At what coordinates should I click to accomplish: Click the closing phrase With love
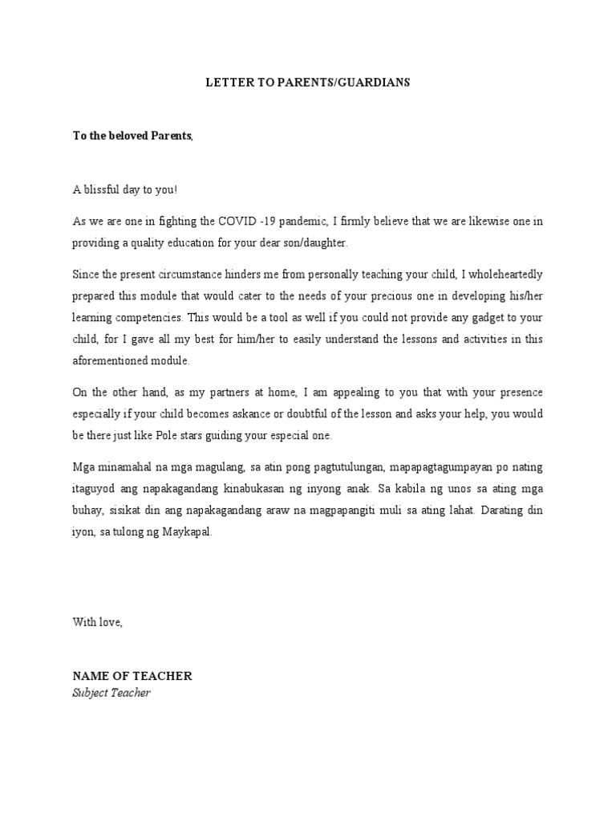click(97, 622)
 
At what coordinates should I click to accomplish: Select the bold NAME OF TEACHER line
click(132, 676)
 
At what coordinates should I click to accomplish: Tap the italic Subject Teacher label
click(111, 692)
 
